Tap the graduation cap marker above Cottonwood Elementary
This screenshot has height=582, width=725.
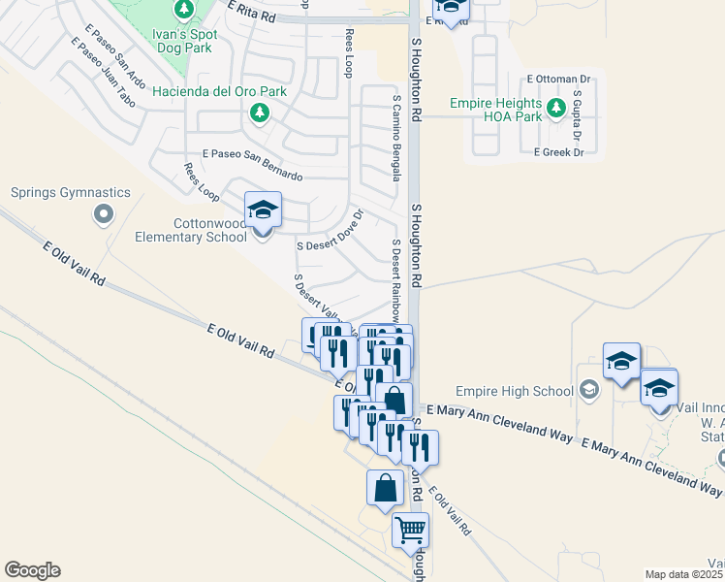point(263,210)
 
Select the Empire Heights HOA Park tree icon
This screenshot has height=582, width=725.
point(556,108)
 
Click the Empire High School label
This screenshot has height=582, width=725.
point(526,392)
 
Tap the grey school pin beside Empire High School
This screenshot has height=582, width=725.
point(588,391)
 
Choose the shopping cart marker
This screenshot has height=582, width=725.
point(410,530)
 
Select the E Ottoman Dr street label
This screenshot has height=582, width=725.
point(558,79)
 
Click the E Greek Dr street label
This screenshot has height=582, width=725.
point(558,152)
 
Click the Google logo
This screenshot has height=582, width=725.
point(32,570)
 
